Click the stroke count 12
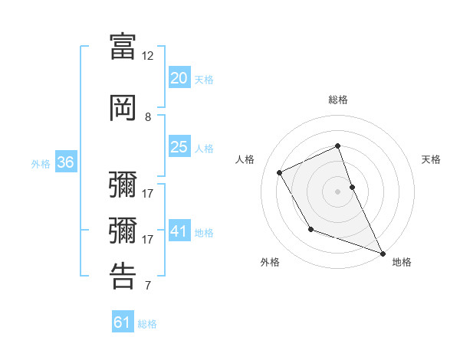[148, 55]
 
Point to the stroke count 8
[148, 116]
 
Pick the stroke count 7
[148, 286]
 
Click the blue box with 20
[179, 78]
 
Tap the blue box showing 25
[179, 147]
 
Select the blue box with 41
[179, 231]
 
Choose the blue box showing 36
[65, 162]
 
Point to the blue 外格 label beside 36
[41, 163]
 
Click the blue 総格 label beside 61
[147, 324]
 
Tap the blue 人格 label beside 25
[203, 149]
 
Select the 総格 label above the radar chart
[337, 100]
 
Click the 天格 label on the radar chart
[431, 159]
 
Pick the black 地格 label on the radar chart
[402, 262]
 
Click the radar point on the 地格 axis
[383, 253]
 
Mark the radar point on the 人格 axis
[280, 172]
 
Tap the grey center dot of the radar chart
[337, 191]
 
